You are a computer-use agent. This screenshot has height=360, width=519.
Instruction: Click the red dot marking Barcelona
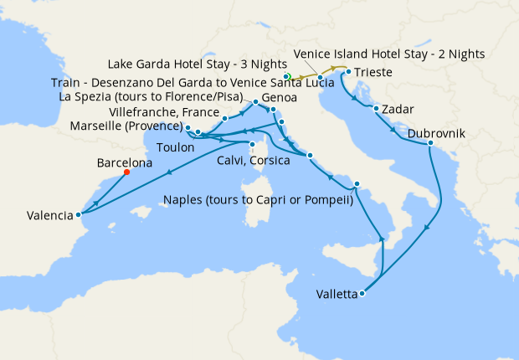[x=126, y=172]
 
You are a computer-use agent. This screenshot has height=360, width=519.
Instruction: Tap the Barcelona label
[x=125, y=163]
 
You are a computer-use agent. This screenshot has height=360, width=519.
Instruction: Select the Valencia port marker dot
[x=78, y=214]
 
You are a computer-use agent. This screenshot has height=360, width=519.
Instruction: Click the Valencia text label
[x=49, y=215]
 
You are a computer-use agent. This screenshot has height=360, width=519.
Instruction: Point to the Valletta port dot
[x=362, y=294]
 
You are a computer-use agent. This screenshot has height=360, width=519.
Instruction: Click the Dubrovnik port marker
[x=430, y=144]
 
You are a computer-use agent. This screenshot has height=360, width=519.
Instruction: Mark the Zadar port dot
[x=377, y=109]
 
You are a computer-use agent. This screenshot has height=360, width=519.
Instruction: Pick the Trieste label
[x=373, y=73]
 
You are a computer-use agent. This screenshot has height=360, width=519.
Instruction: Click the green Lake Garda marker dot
[x=287, y=76]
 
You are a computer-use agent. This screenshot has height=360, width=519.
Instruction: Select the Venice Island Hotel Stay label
[x=389, y=54]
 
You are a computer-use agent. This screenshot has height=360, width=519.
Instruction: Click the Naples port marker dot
[x=357, y=184]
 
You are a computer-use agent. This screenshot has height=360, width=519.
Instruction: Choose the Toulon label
[x=175, y=147]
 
